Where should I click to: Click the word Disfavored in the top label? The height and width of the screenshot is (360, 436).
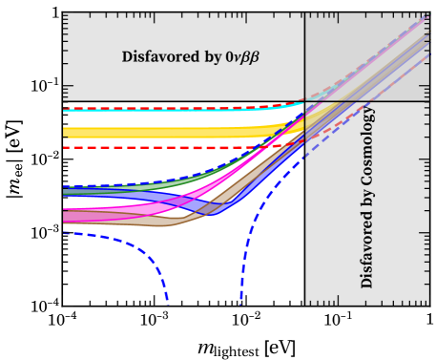pyautogui.click(x=156, y=57)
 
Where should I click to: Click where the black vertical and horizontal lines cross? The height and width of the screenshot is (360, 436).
pyautogui.click(x=305, y=101)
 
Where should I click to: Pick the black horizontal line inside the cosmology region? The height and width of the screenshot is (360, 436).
pyautogui.click(x=401, y=101)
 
